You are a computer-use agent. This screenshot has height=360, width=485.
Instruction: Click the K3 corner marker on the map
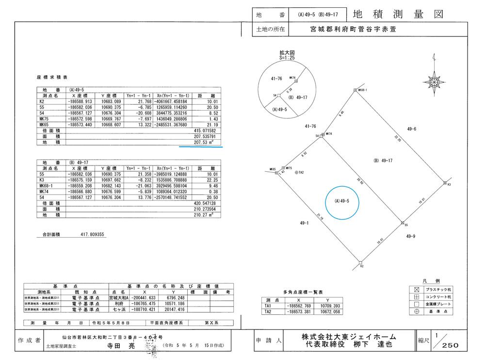point(445,183)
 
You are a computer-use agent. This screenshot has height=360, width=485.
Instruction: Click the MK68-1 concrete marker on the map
point(356,90)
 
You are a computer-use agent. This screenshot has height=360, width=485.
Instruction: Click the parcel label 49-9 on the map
point(410,236)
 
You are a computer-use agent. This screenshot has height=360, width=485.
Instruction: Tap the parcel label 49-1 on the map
point(306,222)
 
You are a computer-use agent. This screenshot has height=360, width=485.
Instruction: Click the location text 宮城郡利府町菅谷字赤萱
point(353,29)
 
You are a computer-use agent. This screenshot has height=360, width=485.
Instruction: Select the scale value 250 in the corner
point(450,345)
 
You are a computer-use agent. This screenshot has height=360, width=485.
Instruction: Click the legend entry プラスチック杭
point(438,289)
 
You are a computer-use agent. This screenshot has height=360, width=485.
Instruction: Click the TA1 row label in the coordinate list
point(268,306)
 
